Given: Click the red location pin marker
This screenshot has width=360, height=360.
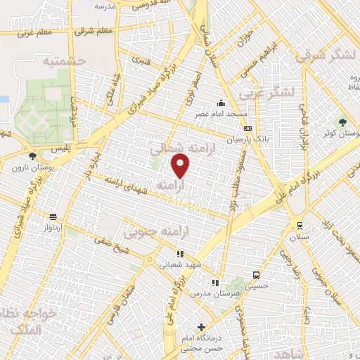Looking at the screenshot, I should (181, 166).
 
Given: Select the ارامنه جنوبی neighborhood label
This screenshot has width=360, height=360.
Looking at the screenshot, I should (150, 231).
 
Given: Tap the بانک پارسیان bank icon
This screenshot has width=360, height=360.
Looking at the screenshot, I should (247, 128).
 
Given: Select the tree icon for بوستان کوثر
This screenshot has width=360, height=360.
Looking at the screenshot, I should (342, 122).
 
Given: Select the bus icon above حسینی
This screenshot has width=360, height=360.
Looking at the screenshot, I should (256, 275).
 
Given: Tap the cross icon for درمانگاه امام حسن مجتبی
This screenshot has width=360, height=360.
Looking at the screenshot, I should (202, 327).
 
